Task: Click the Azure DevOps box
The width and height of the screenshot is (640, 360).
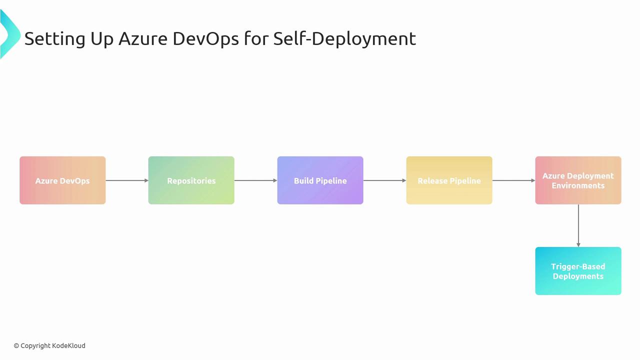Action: pyautogui.click(x=62, y=180)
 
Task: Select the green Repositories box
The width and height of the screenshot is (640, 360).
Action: pyautogui.click(x=191, y=180)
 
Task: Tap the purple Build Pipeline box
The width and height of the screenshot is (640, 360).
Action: pyautogui.click(x=320, y=180)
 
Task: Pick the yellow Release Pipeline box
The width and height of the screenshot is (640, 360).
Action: pyautogui.click(x=449, y=180)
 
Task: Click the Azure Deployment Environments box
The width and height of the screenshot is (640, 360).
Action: pyautogui.click(x=578, y=180)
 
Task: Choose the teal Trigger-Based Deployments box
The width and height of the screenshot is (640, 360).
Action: pyautogui.click(x=578, y=271)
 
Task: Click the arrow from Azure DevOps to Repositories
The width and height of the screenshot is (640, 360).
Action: pyautogui.click(x=127, y=180)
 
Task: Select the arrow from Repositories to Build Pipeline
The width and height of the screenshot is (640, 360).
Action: pyautogui.click(x=256, y=180)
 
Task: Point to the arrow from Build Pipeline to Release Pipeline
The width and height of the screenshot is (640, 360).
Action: pyautogui.click(x=385, y=180)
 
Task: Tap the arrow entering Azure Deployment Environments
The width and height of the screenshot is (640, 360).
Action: pyautogui.click(x=513, y=180)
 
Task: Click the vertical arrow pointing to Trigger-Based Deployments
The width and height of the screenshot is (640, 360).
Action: pyautogui.click(x=578, y=225)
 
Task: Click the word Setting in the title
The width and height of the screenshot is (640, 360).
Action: pyautogui.click(x=55, y=39)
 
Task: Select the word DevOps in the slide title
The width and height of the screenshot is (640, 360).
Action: pyautogui.click(x=205, y=39)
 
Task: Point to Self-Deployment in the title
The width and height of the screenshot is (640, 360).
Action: pyautogui.click(x=344, y=38)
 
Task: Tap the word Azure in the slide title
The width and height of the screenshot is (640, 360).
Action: pyautogui.click(x=143, y=38)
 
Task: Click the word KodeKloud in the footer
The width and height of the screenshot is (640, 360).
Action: pyautogui.click(x=68, y=345)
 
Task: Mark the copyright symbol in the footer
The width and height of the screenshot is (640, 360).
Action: pyautogui.click(x=16, y=346)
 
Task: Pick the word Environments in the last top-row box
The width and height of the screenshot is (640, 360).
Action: pyautogui.click(x=578, y=185)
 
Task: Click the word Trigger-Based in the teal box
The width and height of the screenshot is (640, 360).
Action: pyautogui.click(x=578, y=266)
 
